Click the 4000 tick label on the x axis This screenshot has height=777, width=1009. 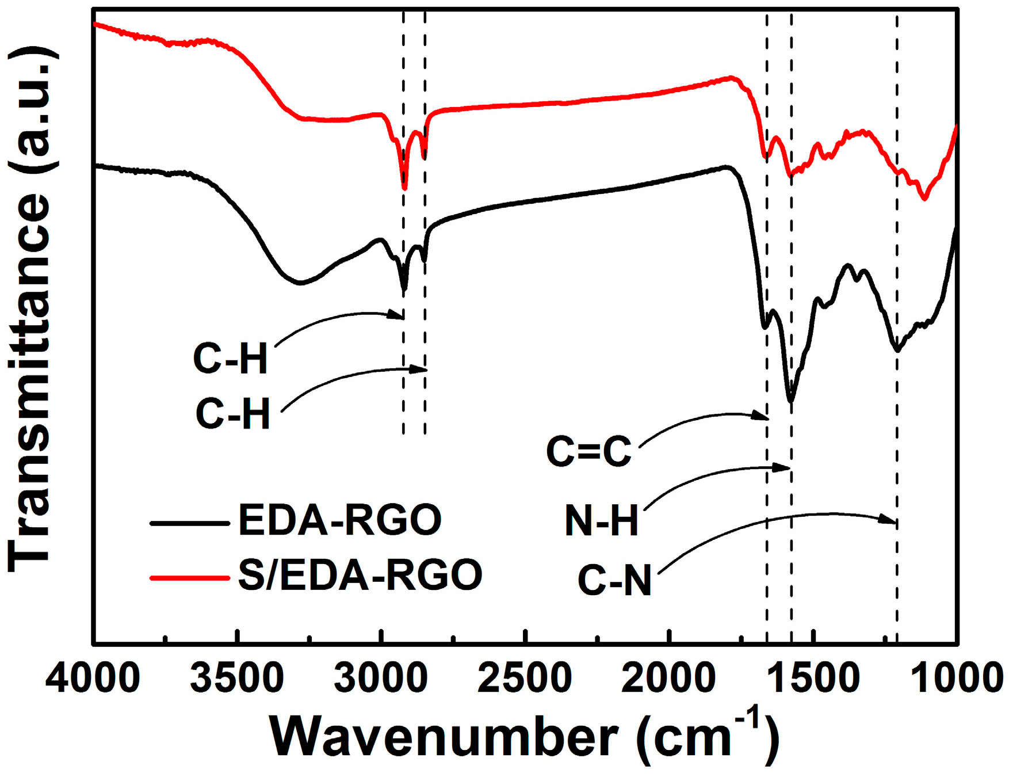click(93, 678)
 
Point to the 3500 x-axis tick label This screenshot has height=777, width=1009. click(236, 678)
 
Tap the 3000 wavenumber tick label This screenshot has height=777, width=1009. click(381, 678)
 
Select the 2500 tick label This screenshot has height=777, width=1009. click(525, 678)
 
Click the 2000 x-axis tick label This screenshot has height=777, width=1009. click(668, 678)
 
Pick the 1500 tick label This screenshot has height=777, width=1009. click(813, 678)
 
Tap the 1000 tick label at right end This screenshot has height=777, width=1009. click(957, 678)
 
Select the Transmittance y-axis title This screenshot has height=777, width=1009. click(32, 311)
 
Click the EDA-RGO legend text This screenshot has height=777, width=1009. click(339, 520)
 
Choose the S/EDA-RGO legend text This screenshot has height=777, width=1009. click(360, 575)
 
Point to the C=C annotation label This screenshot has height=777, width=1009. click(588, 451)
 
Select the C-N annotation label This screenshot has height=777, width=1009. click(614, 580)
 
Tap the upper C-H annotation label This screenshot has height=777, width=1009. click(231, 359)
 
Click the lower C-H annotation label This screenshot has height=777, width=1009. click(233, 414)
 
